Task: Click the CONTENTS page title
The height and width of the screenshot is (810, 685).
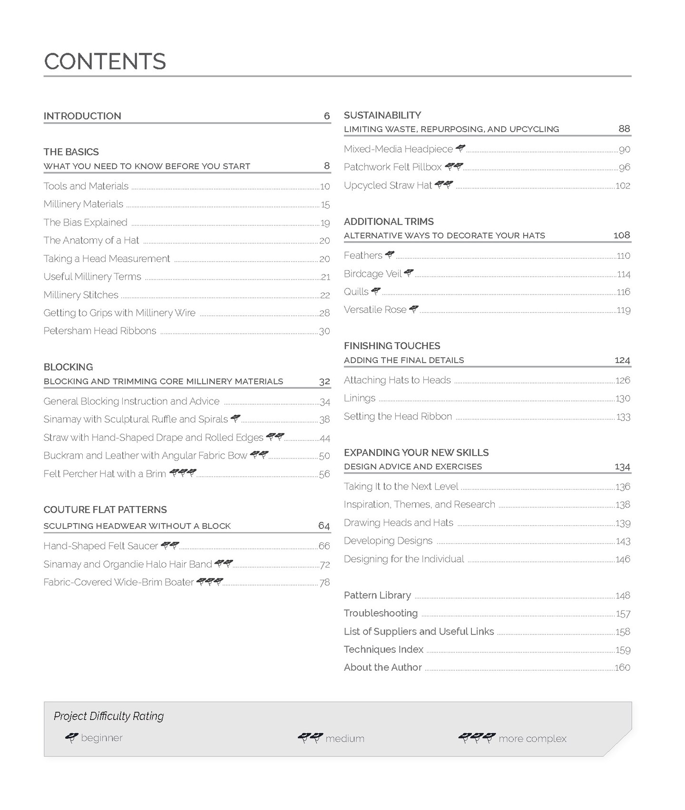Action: point(105,61)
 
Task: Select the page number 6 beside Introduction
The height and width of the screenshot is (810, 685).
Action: point(326,116)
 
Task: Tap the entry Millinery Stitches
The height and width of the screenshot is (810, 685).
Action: point(81,295)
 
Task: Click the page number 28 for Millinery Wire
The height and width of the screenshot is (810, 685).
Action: point(324,313)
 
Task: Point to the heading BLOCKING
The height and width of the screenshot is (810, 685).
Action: point(68,367)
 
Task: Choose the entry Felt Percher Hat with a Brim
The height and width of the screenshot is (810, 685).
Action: point(105,474)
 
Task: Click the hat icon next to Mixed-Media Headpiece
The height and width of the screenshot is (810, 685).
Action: point(460,148)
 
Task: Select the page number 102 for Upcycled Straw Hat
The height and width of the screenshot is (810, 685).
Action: point(623,185)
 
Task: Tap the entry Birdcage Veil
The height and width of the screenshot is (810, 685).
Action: point(372,273)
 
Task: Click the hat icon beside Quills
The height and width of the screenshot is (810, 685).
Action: point(376,291)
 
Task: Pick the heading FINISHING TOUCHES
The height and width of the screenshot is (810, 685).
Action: point(392,346)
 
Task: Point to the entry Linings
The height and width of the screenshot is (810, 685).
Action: point(360,398)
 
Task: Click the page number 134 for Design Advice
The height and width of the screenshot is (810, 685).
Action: point(622,467)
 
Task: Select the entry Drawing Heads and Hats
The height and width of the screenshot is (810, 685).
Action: point(399,523)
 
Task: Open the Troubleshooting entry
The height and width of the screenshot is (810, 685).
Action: point(381,613)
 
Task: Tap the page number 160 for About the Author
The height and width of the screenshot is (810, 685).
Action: point(622,667)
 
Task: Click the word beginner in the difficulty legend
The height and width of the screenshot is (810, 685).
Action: point(102,738)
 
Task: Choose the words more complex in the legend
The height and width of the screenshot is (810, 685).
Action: point(532,739)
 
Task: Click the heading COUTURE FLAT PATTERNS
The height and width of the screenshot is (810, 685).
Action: point(105,509)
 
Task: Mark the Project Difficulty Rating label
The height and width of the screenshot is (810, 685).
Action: point(108,716)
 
